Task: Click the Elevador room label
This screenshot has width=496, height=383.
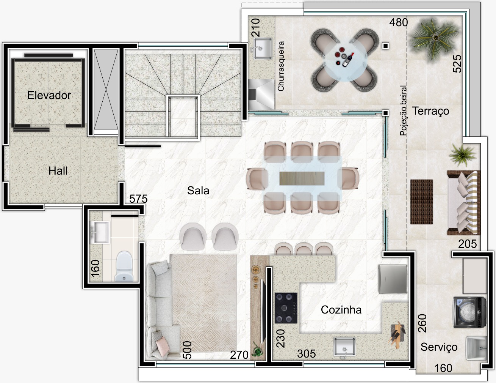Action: tap(49, 95)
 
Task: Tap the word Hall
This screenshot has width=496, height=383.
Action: tap(58, 171)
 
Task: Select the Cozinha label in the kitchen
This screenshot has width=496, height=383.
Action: tap(341, 310)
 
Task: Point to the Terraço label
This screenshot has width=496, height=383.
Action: tap(431, 111)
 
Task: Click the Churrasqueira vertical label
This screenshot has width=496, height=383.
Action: tap(281, 66)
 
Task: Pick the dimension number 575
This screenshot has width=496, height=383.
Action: tap(138, 199)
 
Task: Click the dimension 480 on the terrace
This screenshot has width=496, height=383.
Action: tap(399, 22)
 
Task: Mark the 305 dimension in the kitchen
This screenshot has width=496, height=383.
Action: tap(306, 354)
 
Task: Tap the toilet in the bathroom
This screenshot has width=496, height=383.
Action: tap(124, 266)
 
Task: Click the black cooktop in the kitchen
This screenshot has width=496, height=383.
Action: tap(286, 308)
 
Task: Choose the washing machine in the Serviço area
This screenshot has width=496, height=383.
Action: tap(470, 312)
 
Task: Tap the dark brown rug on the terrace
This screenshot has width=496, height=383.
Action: tap(421, 202)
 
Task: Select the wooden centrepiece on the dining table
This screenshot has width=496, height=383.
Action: tap(302, 178)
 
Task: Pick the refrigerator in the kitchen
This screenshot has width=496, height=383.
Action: tap(393, 279)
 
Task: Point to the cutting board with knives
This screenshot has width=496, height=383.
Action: tap(397, 335)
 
